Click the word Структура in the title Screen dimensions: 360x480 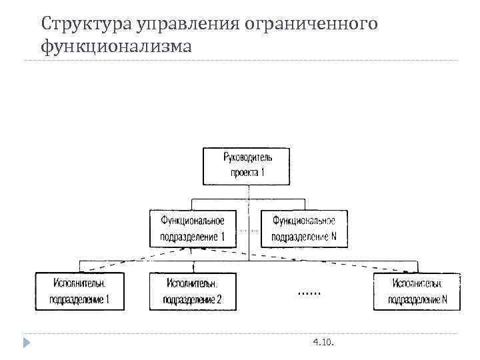pyautogui.click(x=86, y=25)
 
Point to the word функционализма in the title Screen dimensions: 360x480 pyautogui.click(x=116, y=47)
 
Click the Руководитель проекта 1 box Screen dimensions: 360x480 pyautogui.click(x=248, y=165)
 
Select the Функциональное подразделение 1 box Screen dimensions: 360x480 pyautogui.click(x=192, y=228)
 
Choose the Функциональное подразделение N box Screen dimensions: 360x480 pyautogui.click(x=303, y=228)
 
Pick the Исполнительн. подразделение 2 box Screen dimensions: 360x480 pyautogui.click(x=193, y=291)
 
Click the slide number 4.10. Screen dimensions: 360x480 pyautogui.click(x=323, y=342)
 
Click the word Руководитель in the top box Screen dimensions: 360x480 pyautogui.click(x=248, y=158)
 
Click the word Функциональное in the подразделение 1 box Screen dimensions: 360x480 pyautogui.click(x=192, y=221)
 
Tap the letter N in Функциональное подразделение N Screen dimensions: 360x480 pyautogui.click(x=333, y=237)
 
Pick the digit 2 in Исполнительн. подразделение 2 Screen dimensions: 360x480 pyautogui.click(x=218, y=300)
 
